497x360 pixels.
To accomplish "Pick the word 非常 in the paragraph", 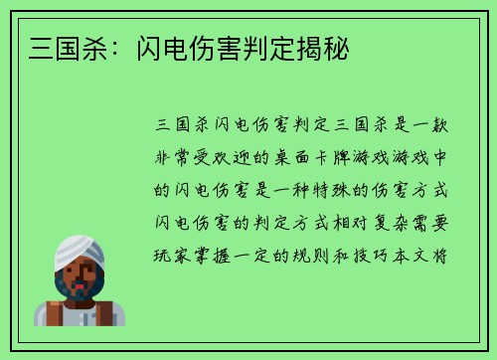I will tap(177, 156).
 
